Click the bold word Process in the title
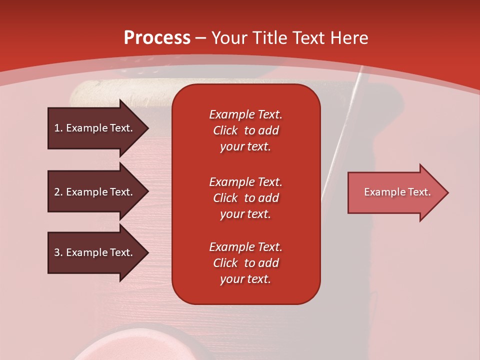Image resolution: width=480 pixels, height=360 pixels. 157,38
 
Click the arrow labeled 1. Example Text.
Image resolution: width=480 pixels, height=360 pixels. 95,128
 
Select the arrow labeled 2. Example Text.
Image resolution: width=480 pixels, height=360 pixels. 95,192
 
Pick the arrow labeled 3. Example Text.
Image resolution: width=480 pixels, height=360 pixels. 95,252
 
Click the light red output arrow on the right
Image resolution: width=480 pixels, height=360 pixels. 395,192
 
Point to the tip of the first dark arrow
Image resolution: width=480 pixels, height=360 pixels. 147,128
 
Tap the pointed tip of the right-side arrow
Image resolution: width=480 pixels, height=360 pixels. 447,192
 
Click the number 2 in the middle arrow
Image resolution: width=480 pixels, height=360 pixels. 57,192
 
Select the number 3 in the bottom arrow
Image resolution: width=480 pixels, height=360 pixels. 57,252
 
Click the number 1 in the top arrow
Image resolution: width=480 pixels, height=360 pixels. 57,128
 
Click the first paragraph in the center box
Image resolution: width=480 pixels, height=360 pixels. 245,130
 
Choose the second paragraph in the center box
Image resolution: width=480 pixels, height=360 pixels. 245,198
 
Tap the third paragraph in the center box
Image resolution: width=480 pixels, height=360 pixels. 245,263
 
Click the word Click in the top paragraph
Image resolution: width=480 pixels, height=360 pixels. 225,130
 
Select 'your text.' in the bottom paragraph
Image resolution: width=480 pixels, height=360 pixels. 245,279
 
